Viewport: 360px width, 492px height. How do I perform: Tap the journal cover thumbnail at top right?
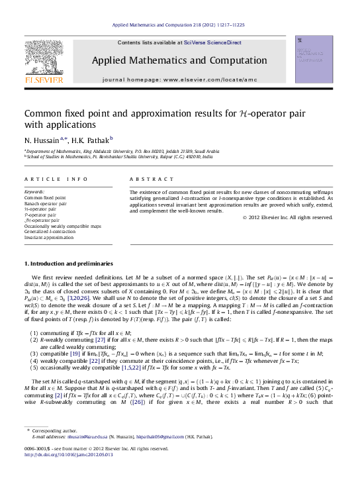314,60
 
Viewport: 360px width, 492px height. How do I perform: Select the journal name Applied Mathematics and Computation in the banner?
179,60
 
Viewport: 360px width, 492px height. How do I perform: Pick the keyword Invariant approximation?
48,237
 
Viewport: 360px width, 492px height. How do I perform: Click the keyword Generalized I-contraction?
52,232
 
